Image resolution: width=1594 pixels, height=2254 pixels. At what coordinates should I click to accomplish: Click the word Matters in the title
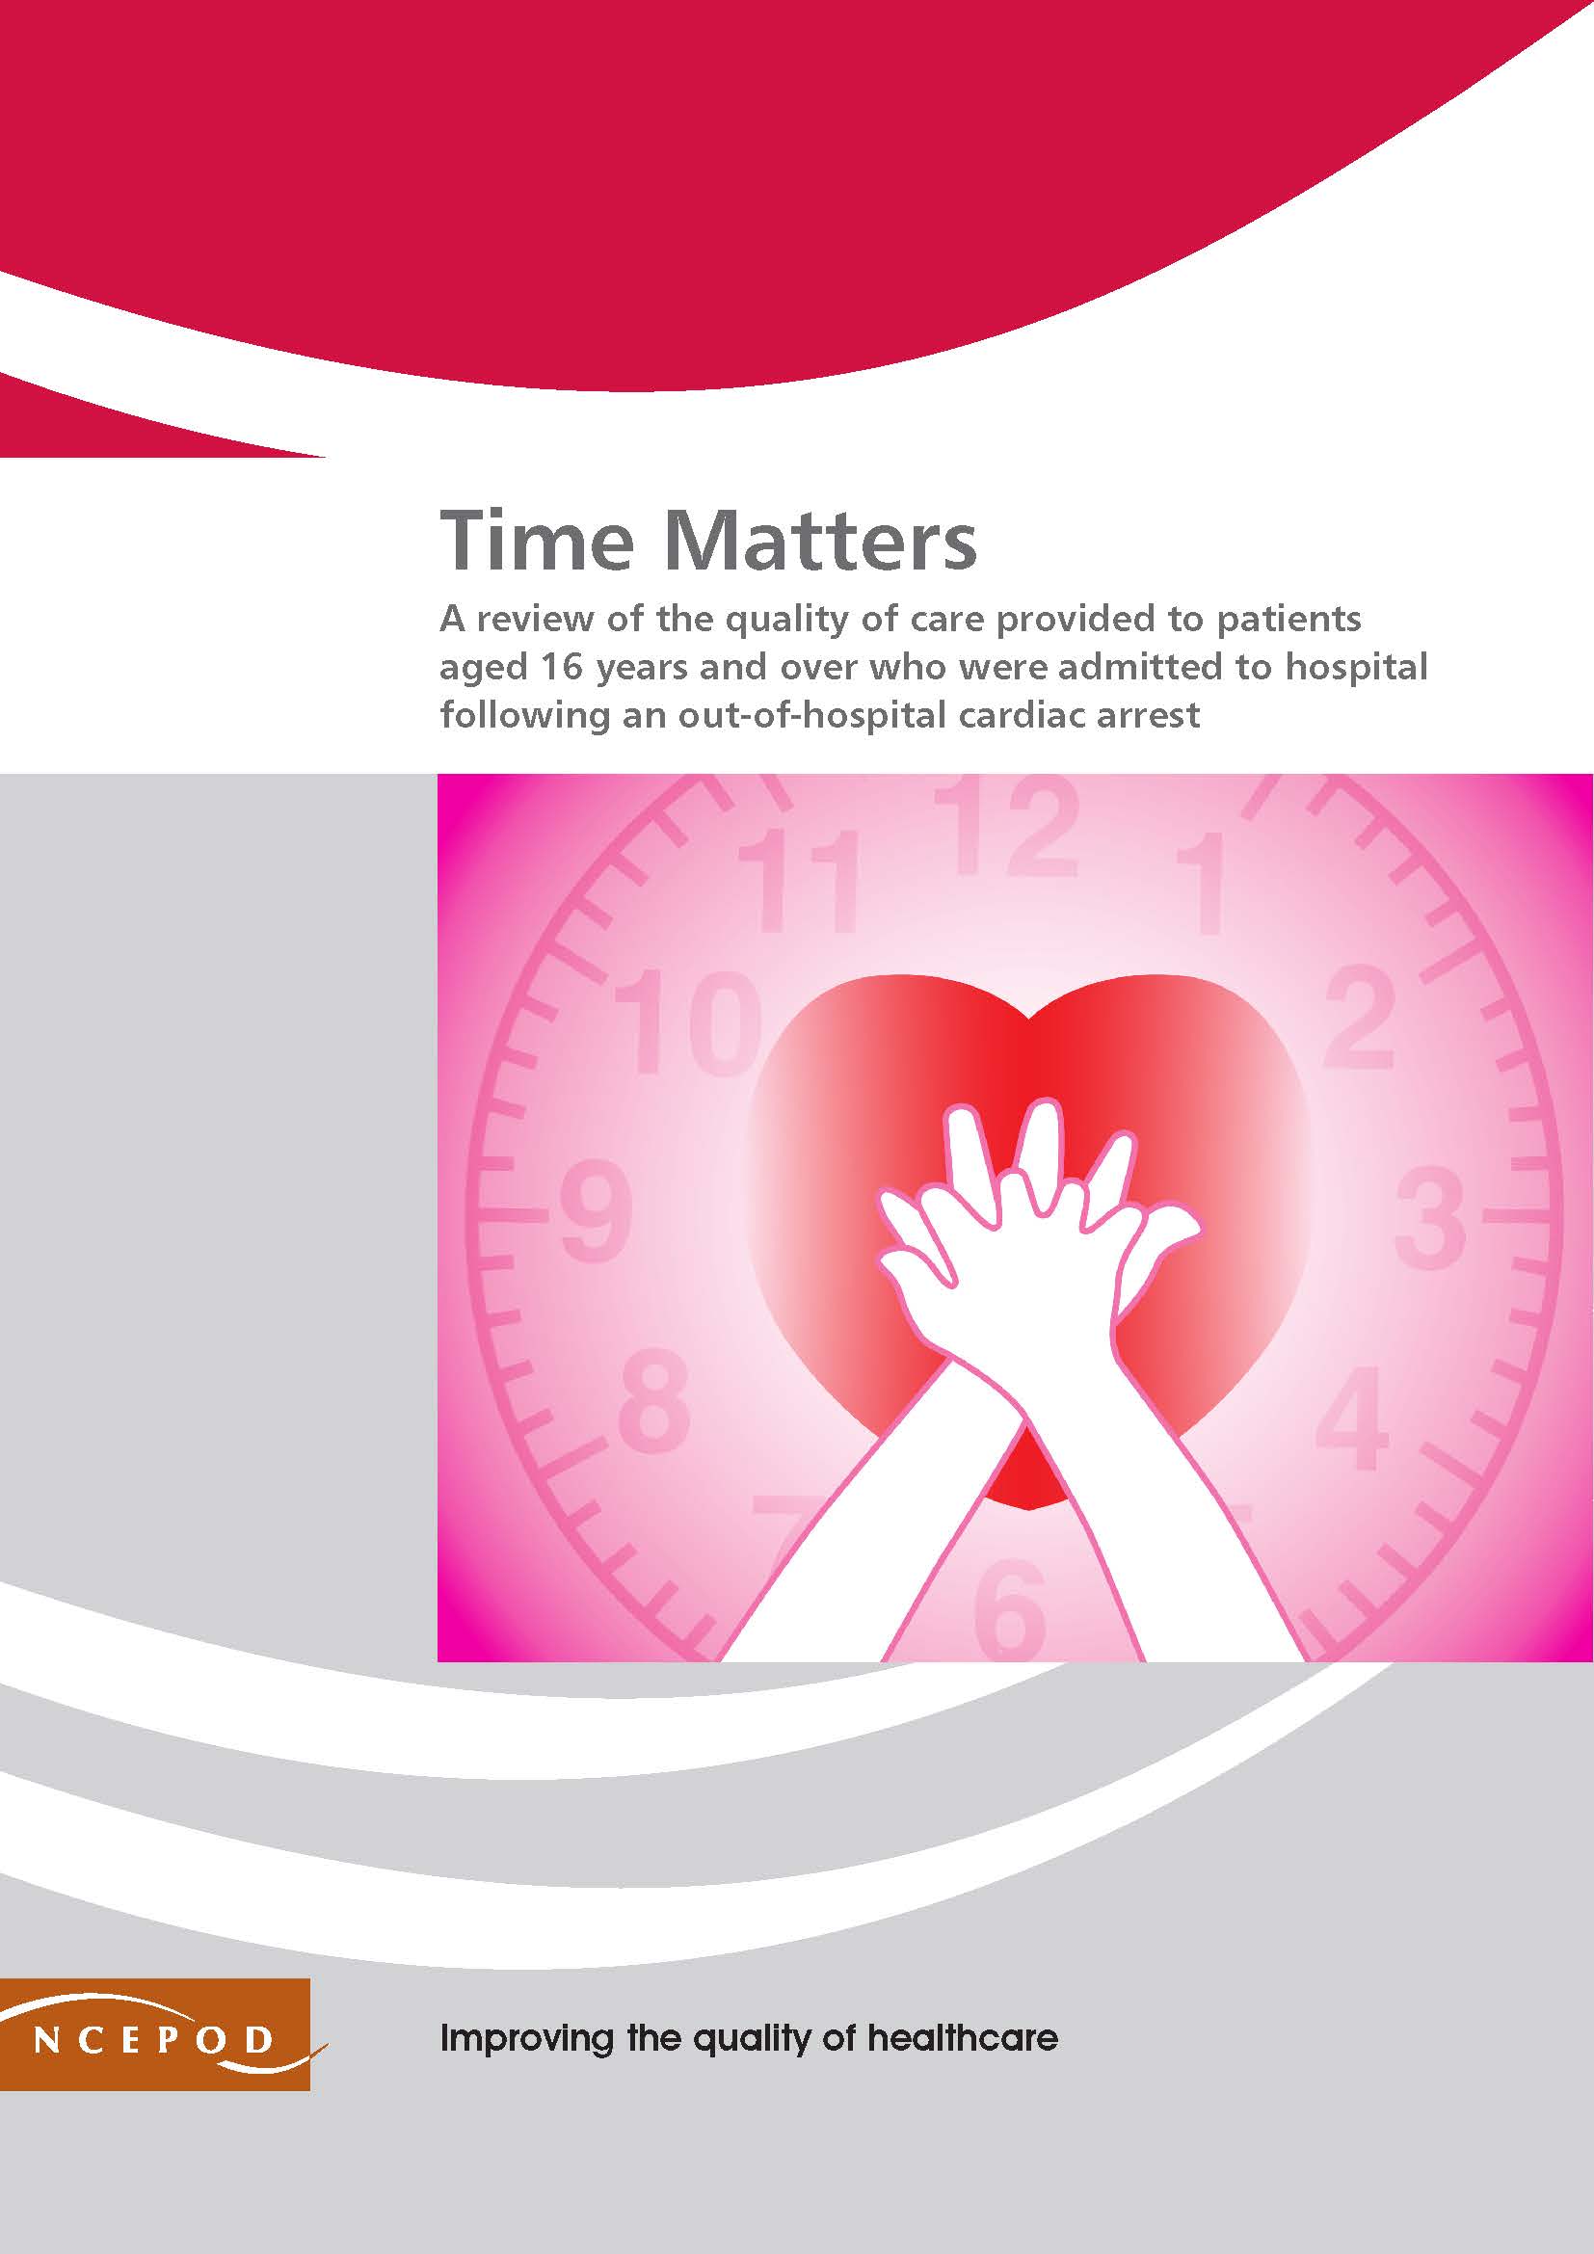pos(820,541)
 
